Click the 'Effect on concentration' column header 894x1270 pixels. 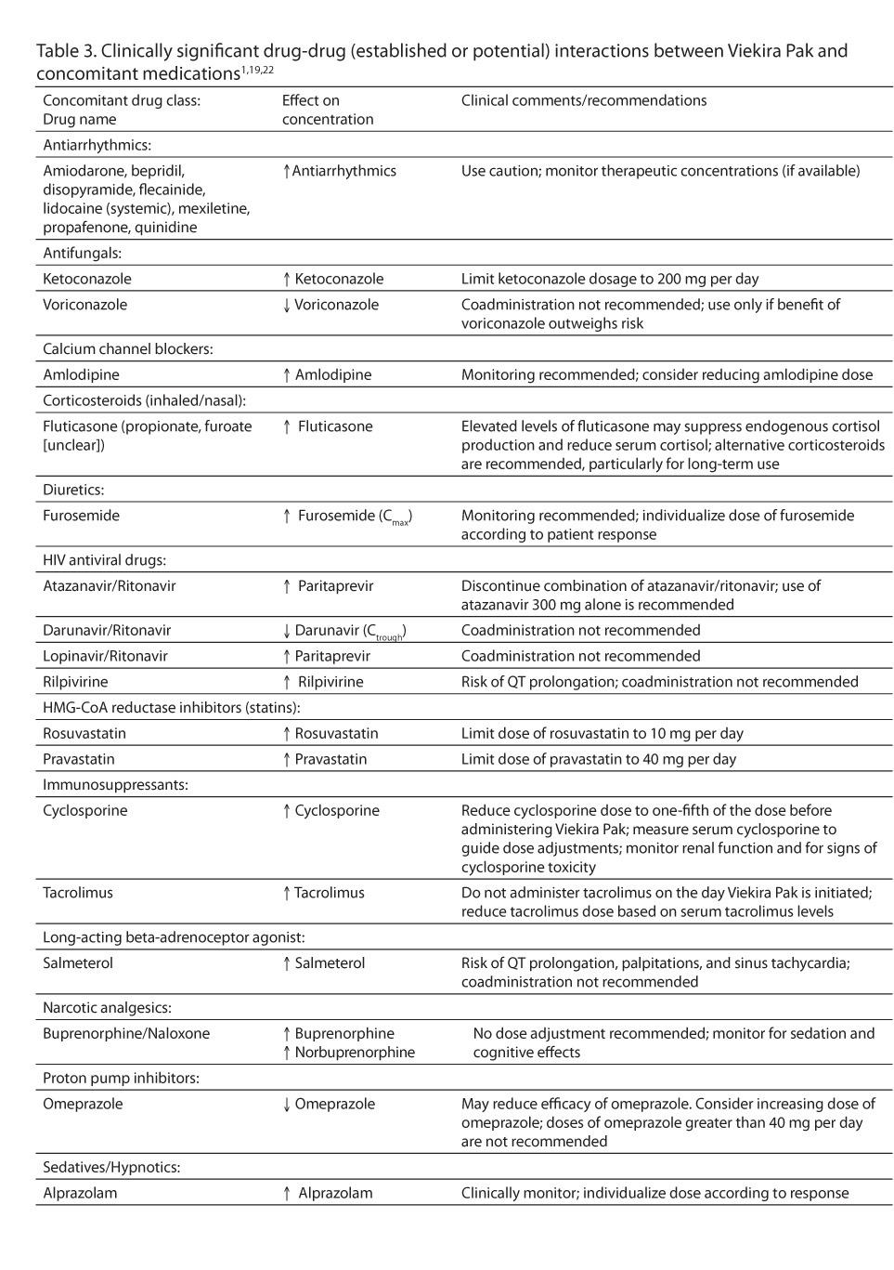[x=327, y=110]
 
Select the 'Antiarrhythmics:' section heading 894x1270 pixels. [x=97, y=145]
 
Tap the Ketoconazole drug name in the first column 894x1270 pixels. [x=87, y=279]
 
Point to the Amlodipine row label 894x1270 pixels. [x=81, y=375]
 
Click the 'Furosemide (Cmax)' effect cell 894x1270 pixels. [x=348, y=517]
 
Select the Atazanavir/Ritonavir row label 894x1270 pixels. [x=109, y=586]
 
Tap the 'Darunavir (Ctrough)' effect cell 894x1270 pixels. [x=344, y=631]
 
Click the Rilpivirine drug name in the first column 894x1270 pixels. [x=75, y=682]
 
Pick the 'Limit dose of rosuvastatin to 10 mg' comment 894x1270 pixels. [x=602, y=734]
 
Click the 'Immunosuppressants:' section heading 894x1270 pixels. [x=115, y=785]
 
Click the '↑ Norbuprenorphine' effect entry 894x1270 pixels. [x=348, y=1053]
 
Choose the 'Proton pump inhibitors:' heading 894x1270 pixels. [x=121, y=1079]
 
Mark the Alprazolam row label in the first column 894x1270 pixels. [x=80, y=1193]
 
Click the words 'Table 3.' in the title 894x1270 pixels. [x=65, y=51]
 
